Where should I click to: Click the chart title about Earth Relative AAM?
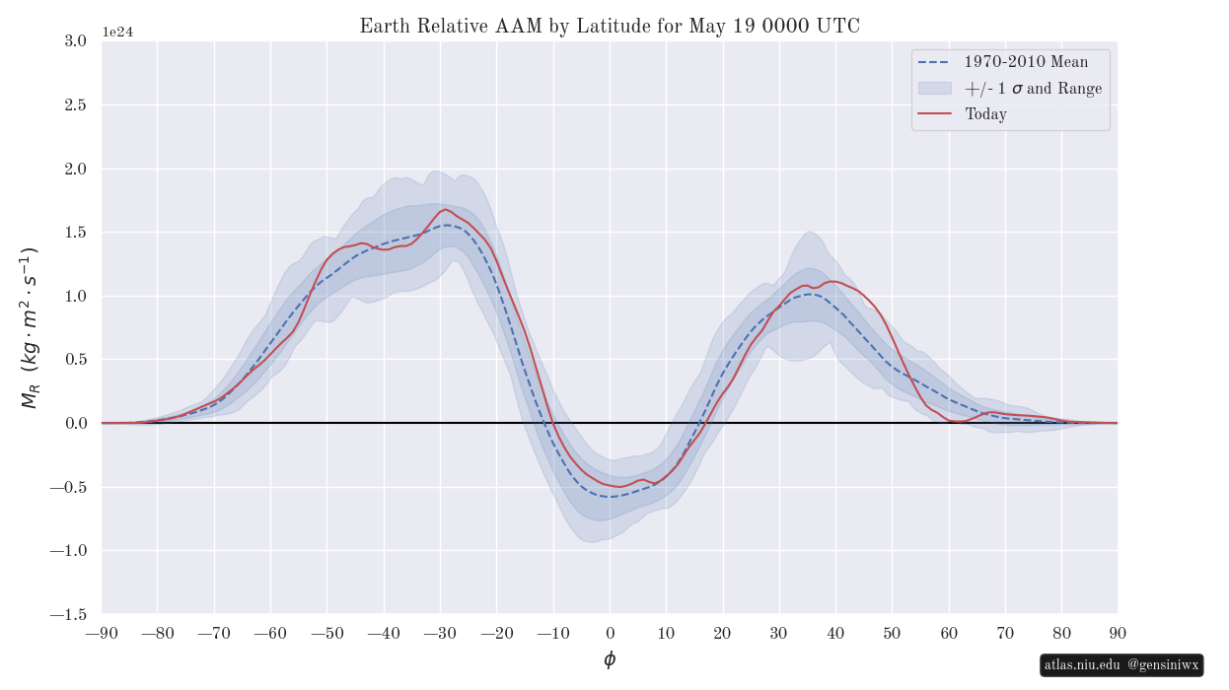[x=610, y=26]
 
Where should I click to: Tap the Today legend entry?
[x=963, y=114]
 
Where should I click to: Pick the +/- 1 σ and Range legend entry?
[x=1010, y=88]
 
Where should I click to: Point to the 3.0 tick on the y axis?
[x=75, y=40]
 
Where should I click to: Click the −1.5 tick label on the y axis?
[x=68, y=614]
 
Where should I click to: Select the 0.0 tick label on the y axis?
[x=75, y=423]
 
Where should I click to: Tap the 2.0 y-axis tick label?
[x=75, y=169]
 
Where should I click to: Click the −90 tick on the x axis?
[x=102, y=634]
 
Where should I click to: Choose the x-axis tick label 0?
[x=610, y=634]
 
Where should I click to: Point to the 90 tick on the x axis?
[x=1118, y=634]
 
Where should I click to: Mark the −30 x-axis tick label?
[x=440, y=634]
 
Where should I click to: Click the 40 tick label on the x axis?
[x=835, y=634]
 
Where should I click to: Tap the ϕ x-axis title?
[x=610, y=659]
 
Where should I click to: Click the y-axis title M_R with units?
[x=29, y=328]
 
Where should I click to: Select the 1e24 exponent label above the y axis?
[x=118, y=32]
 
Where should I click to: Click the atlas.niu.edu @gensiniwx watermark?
[x=1121, y=664]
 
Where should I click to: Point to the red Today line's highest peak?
[x=445, y=210]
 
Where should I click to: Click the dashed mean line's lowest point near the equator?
[x=611, y=497]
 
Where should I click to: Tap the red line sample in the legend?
[x=935, y=113]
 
